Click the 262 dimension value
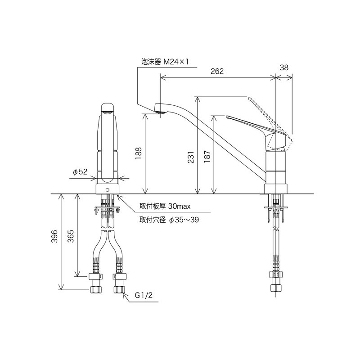click(x=217, y=72)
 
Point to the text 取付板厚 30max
click(x=166, y=207)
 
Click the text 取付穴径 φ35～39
click(x=169, y=220)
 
